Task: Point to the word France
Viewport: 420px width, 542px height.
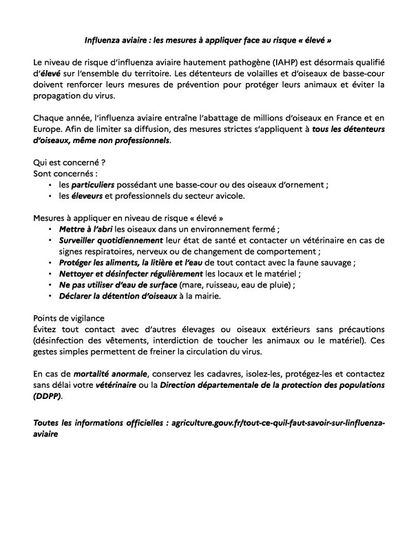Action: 351,122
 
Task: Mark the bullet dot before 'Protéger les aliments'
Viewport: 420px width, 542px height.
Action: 51,263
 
